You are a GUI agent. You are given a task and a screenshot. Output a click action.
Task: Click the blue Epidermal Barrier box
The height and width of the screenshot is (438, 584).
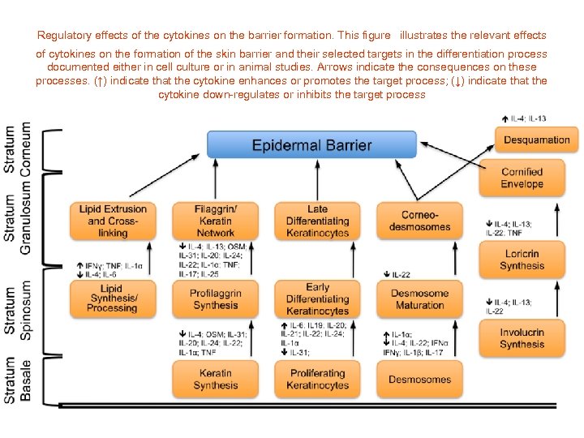point(311,145)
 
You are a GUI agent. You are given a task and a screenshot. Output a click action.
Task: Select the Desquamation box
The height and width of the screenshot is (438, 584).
point(536,140)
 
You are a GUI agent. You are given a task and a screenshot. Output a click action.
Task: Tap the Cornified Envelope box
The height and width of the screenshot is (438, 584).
point(522,178)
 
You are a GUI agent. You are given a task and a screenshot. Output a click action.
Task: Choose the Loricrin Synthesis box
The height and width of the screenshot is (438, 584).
point(522,260)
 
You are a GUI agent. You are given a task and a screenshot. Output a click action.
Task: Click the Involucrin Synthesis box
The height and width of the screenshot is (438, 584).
point(522,338)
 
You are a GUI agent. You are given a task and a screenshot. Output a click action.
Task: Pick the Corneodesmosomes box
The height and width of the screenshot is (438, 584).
point(419,221)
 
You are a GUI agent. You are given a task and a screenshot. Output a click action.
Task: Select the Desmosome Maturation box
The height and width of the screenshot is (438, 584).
point(419,299)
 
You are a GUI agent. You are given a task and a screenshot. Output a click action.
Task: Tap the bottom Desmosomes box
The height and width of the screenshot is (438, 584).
point(419,379)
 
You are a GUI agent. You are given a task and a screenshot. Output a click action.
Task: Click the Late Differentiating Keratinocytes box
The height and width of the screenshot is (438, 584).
point(317,221)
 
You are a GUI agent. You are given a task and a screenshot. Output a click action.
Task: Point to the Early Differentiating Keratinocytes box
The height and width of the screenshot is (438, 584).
point(317,299)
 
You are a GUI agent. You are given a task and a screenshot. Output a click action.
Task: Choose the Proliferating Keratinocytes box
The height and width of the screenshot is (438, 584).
point(317,379)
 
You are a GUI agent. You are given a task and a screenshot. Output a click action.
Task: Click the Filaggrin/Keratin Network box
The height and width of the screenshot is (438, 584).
point(215,221)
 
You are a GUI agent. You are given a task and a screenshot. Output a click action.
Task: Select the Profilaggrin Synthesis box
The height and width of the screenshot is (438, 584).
point(215,299)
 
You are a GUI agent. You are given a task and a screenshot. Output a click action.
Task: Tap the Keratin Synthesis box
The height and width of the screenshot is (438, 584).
point(215,379)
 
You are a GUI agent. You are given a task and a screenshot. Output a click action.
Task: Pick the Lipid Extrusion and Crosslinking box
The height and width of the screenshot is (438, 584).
point(113,221)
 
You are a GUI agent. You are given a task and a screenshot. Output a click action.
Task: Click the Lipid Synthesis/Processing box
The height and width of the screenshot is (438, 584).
point(113,299)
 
